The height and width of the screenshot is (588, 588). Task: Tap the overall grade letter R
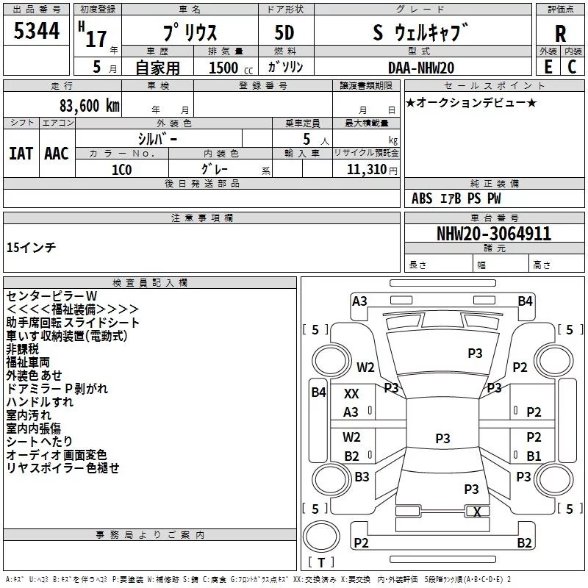click(x=561, y=34)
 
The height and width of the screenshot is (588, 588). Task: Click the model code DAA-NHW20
click(x=421, y=68)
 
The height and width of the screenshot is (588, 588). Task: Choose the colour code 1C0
click(x=121, y=168)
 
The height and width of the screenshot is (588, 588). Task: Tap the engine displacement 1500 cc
click(x=223, y=68)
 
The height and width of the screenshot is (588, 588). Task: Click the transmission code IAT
click(x=21, y=153)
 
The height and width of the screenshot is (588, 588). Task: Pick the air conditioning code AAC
click(x=56, y=153)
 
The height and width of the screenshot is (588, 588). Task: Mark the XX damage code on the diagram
click(x=351, y=394)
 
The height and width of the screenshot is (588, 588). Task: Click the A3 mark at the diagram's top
click(x=359, y=301)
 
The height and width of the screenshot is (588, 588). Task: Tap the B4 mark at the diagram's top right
click(x=525, y=301)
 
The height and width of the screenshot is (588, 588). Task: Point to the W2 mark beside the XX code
click(x=365, y=367)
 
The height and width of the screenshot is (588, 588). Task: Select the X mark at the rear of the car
click(x=477, y=512)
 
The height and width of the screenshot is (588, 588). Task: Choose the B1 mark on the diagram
click(x=534, y=456)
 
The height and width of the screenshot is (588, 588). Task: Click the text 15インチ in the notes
click(x=31, y=247)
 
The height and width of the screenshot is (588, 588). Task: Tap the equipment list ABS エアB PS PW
click(x=457, y=198)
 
